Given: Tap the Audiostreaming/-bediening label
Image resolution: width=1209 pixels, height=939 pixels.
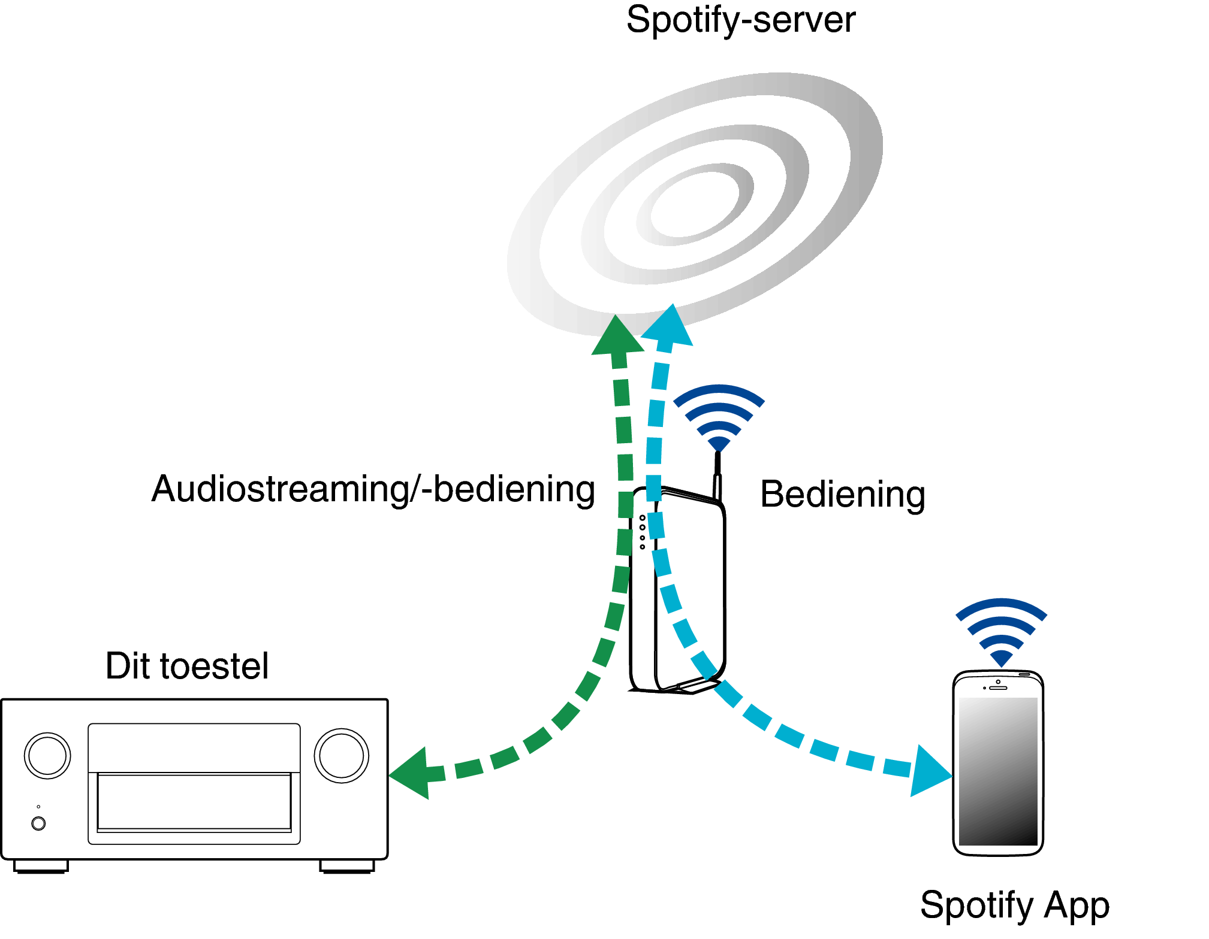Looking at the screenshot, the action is coord(373,490).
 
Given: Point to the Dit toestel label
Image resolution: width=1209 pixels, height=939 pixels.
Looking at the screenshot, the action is coord(187,666).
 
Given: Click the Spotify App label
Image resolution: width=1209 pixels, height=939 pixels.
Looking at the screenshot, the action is coord(1015,905).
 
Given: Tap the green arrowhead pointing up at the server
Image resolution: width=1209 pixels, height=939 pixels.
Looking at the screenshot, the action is coord(617,335).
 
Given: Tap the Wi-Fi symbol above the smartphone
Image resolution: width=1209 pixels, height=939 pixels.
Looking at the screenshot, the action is coord(1001,632).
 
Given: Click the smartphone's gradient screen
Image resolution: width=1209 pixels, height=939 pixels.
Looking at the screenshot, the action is coord(998,771).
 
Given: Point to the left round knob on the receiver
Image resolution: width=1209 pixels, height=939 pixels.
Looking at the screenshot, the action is coord(47,756).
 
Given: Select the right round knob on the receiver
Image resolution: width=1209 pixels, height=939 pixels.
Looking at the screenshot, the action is coord(342,756).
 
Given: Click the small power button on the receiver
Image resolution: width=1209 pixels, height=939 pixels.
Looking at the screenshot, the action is coord(38,823).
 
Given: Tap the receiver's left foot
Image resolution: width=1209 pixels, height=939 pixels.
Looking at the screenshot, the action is coord(41,867).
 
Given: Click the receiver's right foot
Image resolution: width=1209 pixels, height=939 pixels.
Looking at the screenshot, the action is coord(347,867).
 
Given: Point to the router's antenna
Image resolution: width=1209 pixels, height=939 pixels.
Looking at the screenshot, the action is coord(717,476).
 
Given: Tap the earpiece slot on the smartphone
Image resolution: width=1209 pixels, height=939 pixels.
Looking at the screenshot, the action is coord(998,688).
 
